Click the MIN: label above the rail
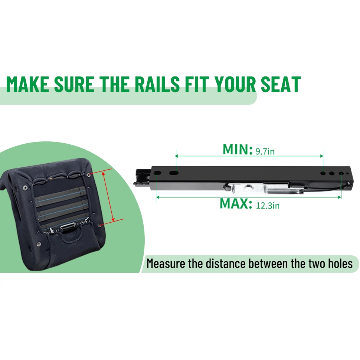[x=238, y=149]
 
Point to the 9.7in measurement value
[x=265, y=151]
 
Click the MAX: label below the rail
[x=236, y=203]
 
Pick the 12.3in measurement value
[x=268, y=206]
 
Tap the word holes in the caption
[x=340, y=264]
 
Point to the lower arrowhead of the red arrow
[x=113, y=219]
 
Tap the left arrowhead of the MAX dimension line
[x=158, y=197]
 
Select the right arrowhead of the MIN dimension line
[x=321, y=156]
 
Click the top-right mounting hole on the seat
[x=89, y=175]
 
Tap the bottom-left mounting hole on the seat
[x=39, y=244]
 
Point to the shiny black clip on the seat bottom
[x=68, y=229]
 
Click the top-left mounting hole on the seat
[x=25, y=188]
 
